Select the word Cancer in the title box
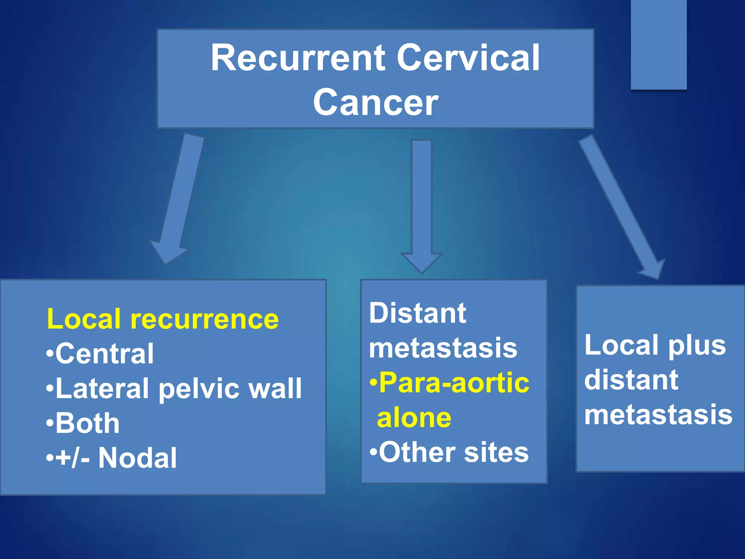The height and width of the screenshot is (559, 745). pyautogui.click(x=375, y=103)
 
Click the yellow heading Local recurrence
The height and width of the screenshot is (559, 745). pyautogui.click(x=163, y=319)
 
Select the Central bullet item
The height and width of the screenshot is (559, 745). pyautogui.click(x=100, y=354)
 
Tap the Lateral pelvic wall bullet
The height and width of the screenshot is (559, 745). pyautogui.click(x=174, y=389)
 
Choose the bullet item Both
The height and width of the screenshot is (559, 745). pyautogui.click(x=83, y=424)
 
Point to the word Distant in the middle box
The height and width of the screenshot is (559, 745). pyautogui.click(x=417, y=313)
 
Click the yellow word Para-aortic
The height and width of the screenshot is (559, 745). pyautogui.click(x=450, y=383)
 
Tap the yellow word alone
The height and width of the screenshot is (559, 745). pyautogui.click(x=414, y=418)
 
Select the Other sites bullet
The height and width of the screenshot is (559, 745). pyautogui.click(x=449, y=453)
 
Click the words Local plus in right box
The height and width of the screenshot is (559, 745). pyautogui.click(x=655, y=345)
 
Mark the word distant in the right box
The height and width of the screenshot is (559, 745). pyautogui.click(x=631, y=380)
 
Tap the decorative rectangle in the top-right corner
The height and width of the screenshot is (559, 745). pyautogui.click(x=658, y=44)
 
